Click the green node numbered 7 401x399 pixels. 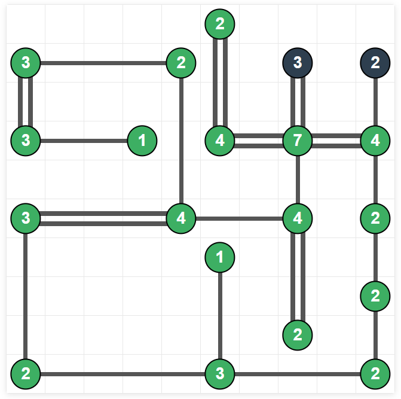point(298,141)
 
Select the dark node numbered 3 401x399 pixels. point(298,62)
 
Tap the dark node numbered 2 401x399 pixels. point(375,62)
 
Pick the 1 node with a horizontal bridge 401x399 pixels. point(142,141)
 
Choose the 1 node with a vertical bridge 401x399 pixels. point(220,258)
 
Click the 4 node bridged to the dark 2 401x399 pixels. point(375,141)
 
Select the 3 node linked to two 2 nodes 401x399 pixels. point(220,374)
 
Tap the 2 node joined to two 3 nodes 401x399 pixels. point(26,374)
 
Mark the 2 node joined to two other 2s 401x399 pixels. point(375,296)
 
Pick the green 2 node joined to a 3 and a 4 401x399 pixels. point(181,62)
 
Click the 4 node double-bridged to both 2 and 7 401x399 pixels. point(220,141)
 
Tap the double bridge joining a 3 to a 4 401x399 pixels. point(103,218)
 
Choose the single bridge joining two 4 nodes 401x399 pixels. point(239,218)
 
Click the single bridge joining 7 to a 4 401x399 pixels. point(298,179)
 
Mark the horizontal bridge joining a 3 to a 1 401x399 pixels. point(84,141)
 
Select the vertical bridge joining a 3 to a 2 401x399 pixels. point(26,296)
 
